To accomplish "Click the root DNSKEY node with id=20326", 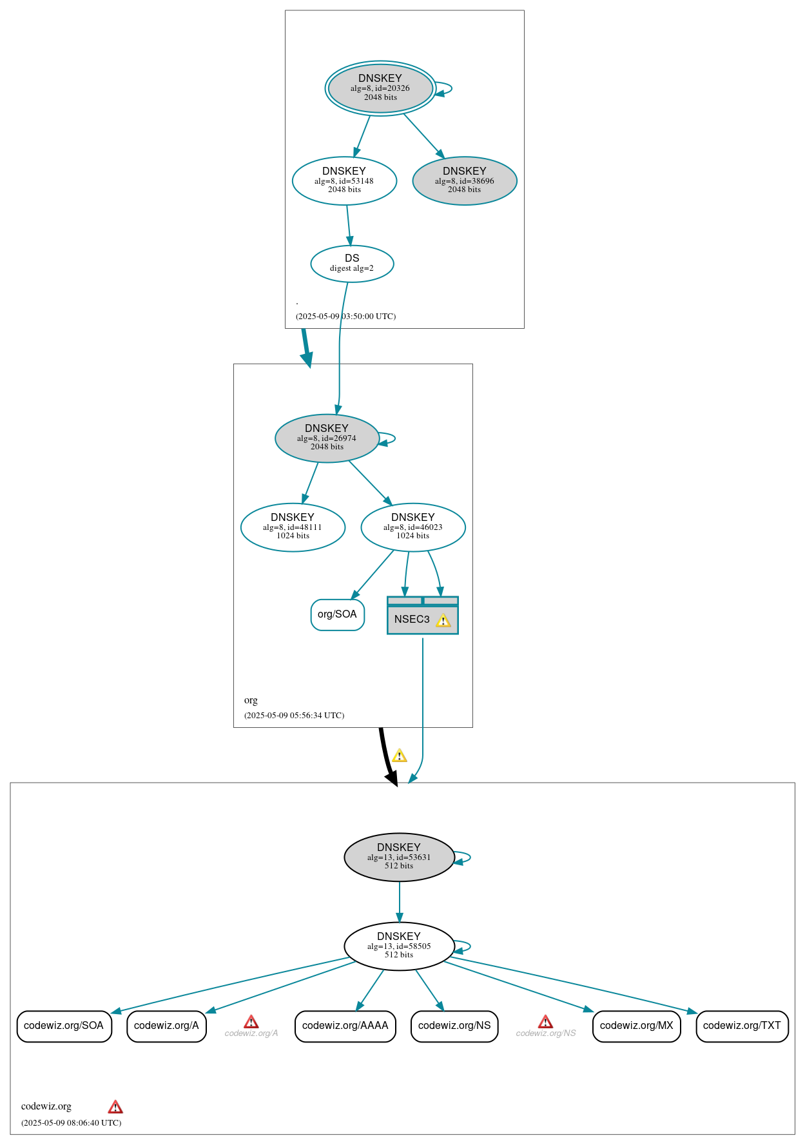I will tap(380, 88).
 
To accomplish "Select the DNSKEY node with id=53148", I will tap(344, 181).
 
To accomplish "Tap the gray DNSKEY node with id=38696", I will tap(465, 181).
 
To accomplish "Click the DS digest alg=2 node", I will tap(352, 263).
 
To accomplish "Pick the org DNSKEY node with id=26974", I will tap(327, 438).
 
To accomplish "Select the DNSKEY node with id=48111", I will tap(293, 527).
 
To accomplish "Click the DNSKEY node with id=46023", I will tap(413, 527).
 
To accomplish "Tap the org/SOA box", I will tap(337, 614).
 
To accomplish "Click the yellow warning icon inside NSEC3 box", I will tap(443, 621).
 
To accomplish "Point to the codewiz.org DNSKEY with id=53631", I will tap(399, 857).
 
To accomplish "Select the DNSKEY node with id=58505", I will tap(399, 946).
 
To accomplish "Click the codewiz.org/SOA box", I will tap(64, 1026).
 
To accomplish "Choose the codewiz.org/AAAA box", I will tap(345, 1026).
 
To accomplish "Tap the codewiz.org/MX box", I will tap(636, 1026).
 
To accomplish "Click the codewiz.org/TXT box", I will tap(742, 1026).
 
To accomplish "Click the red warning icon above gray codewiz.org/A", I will tap(251, 1022).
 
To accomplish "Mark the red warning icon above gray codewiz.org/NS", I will tap(545, 1022).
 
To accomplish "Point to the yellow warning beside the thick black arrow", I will tap(400, 756).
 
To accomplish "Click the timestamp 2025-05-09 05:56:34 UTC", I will tap(294, 715).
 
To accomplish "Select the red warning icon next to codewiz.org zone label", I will tap(115, 1107).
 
